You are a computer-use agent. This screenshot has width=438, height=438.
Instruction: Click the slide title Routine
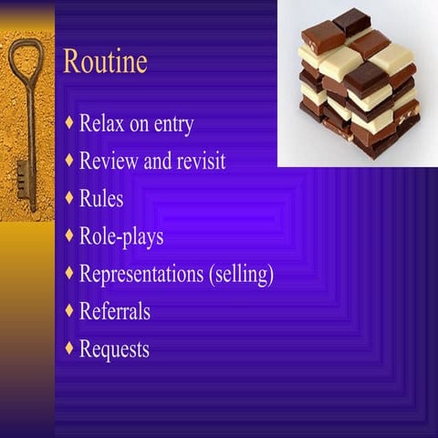point(105,62)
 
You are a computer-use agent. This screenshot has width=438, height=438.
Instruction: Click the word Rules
point(101,198)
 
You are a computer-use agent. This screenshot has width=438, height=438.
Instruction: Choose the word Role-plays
point(121,236)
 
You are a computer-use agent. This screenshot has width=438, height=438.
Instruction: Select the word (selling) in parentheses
point(242,274)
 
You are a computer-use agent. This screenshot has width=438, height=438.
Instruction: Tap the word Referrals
point(115,310)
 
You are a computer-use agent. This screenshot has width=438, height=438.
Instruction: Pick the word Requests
point(114,349)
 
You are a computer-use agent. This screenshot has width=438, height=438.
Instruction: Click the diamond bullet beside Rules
point(70,197)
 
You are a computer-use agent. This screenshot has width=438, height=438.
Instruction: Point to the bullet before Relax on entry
point(70,122)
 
